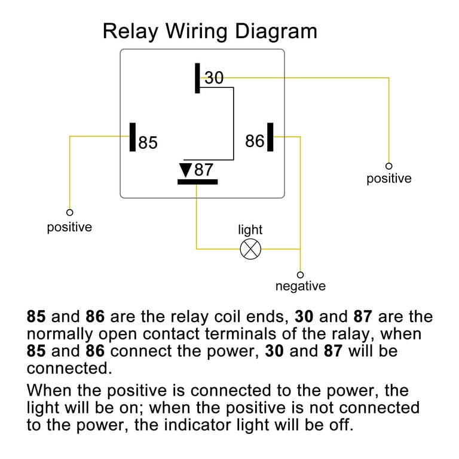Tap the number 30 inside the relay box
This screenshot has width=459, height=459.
tap(214, 78)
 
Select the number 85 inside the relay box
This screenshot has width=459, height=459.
tap(148, 143)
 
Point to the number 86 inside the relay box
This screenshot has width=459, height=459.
tap(255, 141)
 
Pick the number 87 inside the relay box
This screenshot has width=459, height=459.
tap(203, 170)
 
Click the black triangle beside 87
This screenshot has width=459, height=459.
tap(186, 170)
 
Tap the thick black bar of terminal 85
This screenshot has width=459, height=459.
tap(133, 137)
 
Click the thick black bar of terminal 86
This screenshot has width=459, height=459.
tap(270, 137)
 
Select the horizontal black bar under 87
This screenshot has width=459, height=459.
tap(197, 182)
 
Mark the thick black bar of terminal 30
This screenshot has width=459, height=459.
tap(197, 78)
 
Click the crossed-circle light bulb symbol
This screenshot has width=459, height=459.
tap(250, 249)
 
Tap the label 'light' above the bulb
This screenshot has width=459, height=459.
tap(250, 230)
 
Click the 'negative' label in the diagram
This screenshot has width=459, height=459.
tap(300, 286)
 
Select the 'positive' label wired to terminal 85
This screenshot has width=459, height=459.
tap(69, 228)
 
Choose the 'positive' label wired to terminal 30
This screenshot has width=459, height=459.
tap(389, 179)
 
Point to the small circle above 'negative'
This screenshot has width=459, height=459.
tap(300, 274)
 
